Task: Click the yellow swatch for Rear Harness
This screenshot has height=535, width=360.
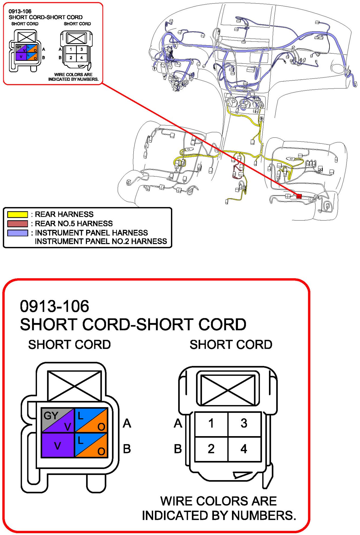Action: [18, 214]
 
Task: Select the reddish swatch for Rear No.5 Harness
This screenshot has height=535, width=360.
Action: [18, 223]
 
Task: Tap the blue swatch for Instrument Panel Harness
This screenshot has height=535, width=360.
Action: [18, 233]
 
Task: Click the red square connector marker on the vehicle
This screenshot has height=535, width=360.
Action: [299, 196]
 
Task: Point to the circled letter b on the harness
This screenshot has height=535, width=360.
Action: [261, 118]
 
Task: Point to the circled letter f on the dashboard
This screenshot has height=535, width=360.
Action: [154, 69]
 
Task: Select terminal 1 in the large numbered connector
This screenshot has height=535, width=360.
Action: [211, 423]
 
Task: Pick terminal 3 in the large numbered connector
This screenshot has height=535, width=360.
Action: [244, 423]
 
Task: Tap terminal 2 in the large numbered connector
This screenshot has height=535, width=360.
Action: [211, 449]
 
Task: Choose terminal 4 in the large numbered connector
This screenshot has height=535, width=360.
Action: [244, 449]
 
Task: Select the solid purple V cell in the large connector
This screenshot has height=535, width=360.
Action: [58, 445]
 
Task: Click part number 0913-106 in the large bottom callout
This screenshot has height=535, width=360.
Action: [55, 306]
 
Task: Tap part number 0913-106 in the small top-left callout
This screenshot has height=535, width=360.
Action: [20, 11]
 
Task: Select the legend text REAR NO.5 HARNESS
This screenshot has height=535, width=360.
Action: [74, 223]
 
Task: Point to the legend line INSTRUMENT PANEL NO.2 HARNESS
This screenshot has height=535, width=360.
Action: [101, 241]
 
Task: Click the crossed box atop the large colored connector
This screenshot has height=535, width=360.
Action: [74, 386]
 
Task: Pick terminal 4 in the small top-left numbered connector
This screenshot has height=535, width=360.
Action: [82, 58]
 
